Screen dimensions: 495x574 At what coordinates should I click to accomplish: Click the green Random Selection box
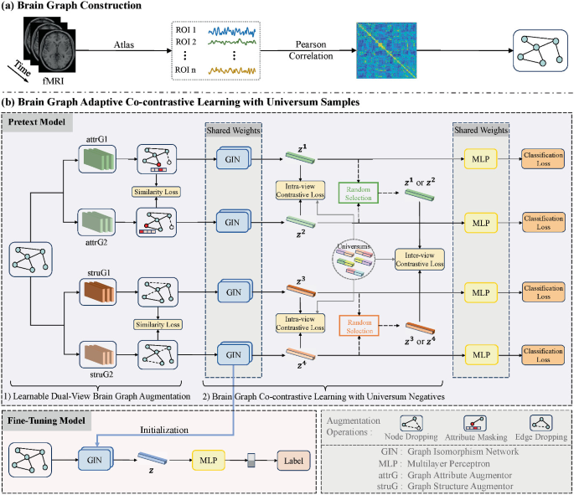pos(360,193)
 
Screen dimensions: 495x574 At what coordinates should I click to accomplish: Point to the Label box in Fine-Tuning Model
pos(293,459)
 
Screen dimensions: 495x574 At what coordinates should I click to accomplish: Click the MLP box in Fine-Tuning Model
pos(210,459)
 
